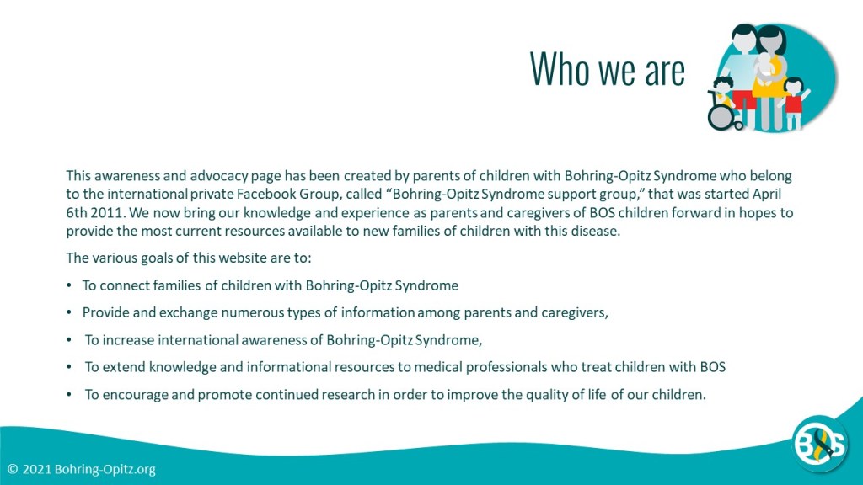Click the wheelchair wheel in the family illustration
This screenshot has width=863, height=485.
click(x=721, y=116)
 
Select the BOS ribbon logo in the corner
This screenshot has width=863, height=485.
click(x=819, y=443)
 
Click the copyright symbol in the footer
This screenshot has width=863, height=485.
click(x=13, y=469)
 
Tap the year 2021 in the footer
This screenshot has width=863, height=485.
click(x=37, y=469)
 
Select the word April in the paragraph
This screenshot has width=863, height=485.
click(x=767, y=195)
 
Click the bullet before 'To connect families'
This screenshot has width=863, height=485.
click(x=69, y=285)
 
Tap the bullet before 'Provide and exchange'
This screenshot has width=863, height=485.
click(x=69, y=312)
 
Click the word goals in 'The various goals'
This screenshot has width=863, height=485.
click(x=156, y=258)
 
